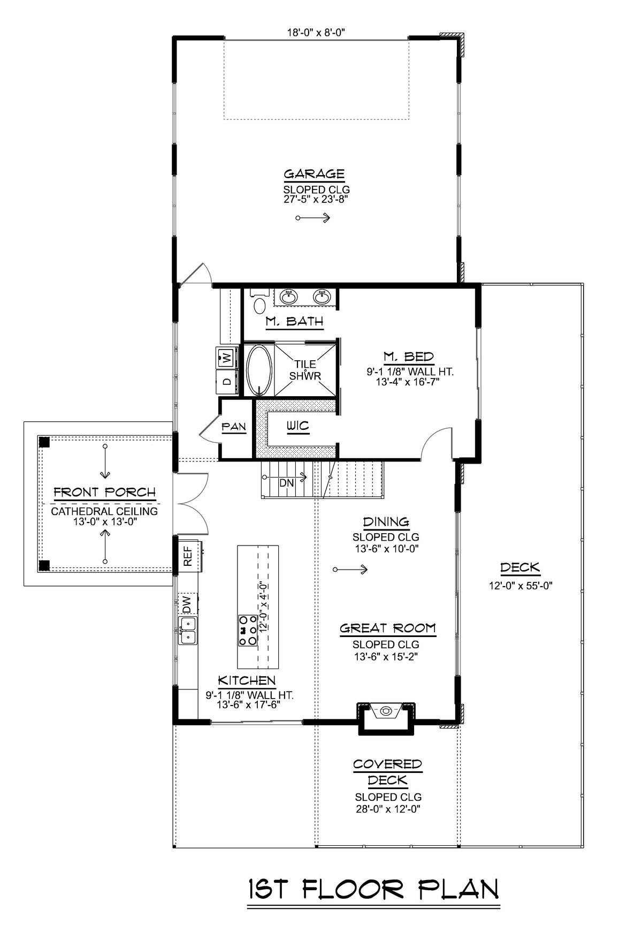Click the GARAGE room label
coord(314,174)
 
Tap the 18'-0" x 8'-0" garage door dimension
coord(316,33)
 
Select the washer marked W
coord(226,357)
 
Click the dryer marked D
coord(226,382)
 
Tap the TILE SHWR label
coord(305,370)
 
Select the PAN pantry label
coord(234,427)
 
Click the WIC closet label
coord(297,427)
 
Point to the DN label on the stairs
coord(287,483)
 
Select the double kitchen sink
coord(188,630)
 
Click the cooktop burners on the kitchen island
coord(248,630)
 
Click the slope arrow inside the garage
coord(314,218)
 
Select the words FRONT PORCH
coord(104,492)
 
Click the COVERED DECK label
coord(387,772)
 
